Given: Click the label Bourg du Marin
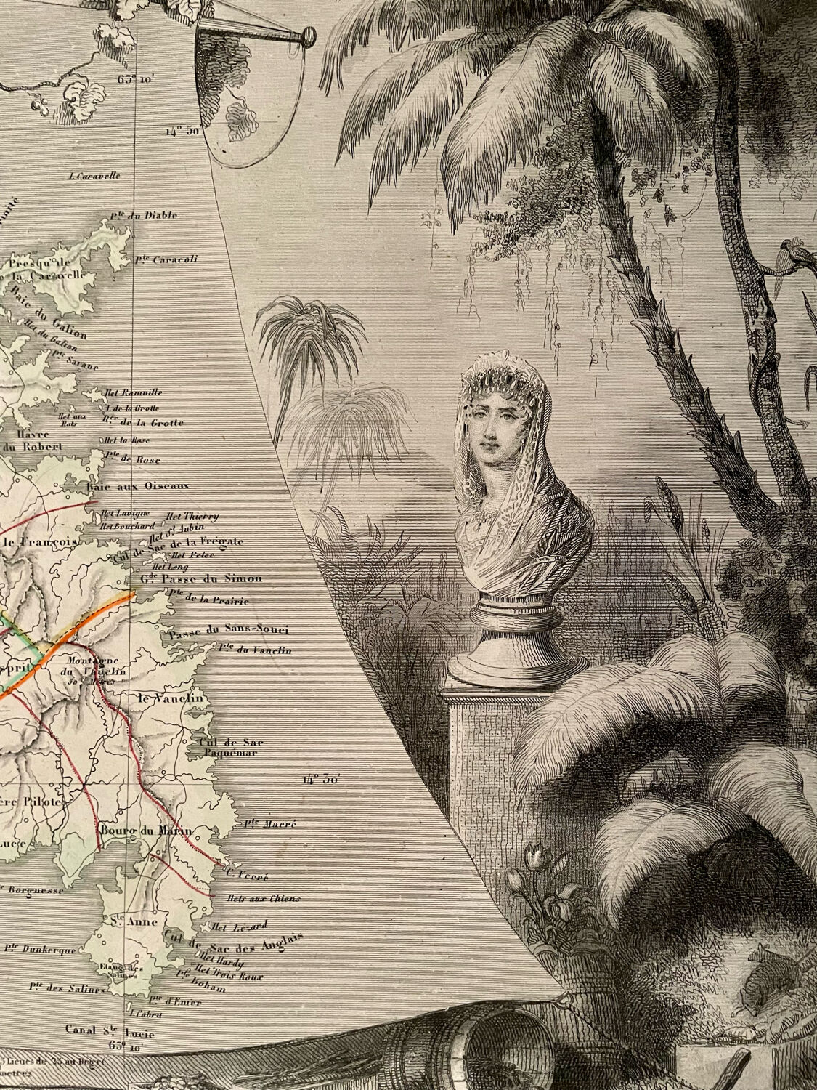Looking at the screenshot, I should click(x=136, y=831).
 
